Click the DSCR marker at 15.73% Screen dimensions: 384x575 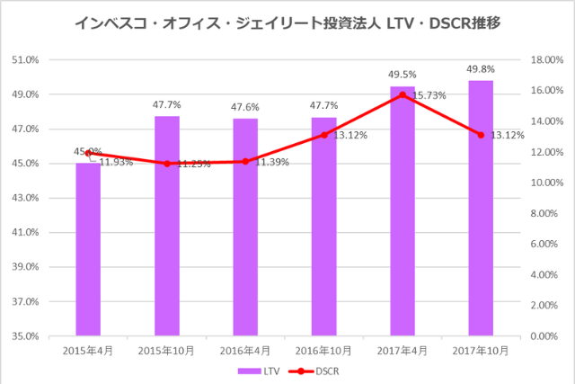(402, 94)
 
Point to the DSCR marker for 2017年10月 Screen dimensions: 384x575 (481, 135)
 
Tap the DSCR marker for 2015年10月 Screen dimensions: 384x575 (166, 164)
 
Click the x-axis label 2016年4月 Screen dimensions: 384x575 (245, 349)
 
